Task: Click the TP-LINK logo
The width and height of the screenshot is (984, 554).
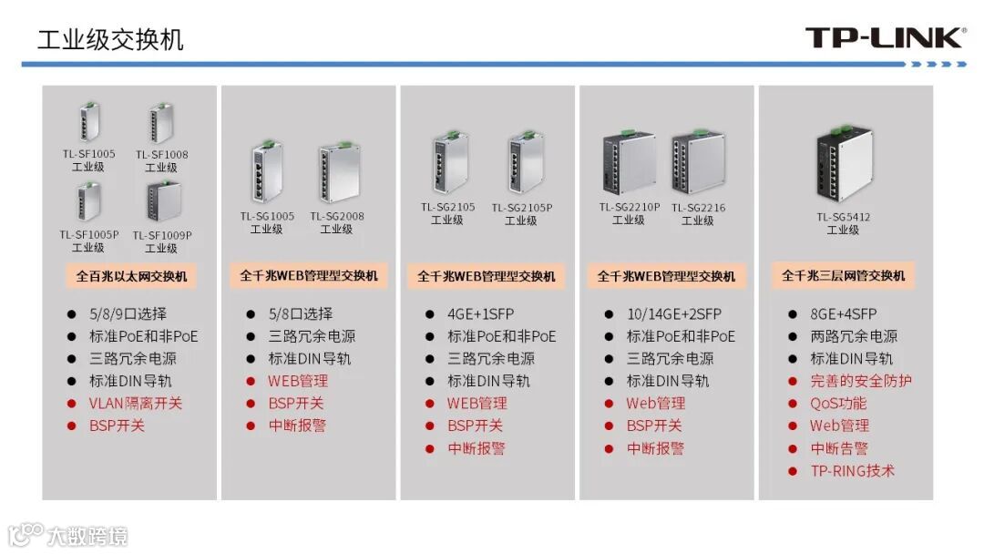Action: pos(885,37)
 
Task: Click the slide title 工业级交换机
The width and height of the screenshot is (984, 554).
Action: pos(110,39)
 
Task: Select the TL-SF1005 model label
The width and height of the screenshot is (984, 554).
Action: pos(88,154)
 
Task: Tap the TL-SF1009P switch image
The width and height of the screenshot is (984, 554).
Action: pos(163,201)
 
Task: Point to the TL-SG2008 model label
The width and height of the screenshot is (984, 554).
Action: pos(336,216)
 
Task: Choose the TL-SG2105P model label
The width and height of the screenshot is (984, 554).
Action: pos(521,208)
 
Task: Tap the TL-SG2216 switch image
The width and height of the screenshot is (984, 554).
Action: pos(698,161)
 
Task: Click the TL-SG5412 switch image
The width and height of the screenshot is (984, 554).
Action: pos(844,162)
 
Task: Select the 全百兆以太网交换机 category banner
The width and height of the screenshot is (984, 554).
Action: pos(131,276)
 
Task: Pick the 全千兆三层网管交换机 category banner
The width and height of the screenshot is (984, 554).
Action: pos(843,275)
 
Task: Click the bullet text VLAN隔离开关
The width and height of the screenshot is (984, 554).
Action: pos(136,404)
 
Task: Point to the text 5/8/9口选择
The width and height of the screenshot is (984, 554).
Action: pos(128,313)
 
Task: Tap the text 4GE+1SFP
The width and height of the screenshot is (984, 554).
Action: pos(481,313)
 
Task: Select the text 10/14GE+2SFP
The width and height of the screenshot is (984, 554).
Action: pos(674,313)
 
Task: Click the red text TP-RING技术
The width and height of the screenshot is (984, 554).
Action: pos(852,470)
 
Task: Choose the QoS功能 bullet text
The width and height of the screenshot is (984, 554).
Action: pos(838,404)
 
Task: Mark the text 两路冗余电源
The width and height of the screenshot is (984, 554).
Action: pos(854,336)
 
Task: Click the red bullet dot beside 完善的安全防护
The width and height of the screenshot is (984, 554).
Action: pos(793,381)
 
